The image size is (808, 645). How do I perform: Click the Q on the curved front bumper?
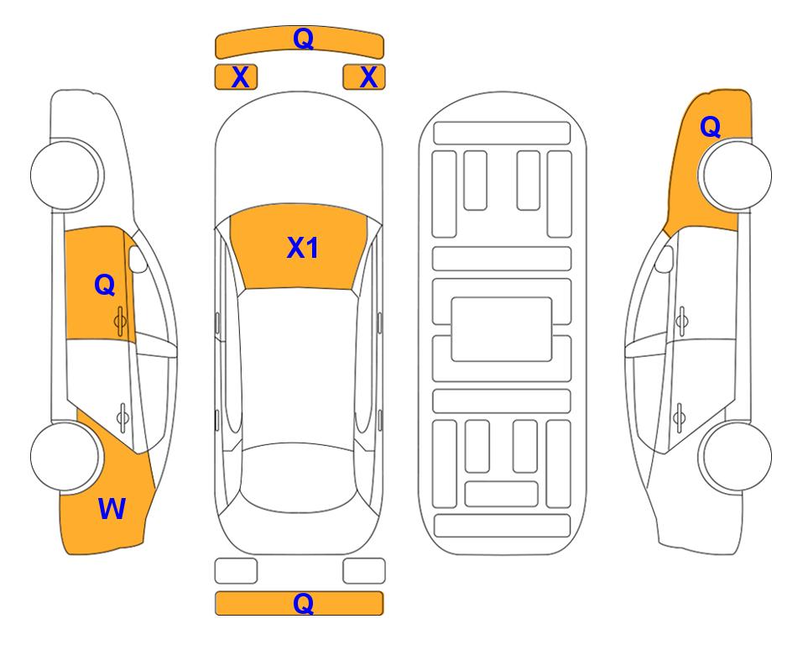coord(303,39)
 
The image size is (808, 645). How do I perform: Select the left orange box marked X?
coord(236,77)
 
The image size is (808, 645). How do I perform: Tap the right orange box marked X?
coord(364,77)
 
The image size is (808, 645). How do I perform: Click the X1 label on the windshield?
coord(303,247)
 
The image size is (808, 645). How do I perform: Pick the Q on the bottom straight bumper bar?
coord(303,603)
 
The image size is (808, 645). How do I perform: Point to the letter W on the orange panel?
coord(112,509)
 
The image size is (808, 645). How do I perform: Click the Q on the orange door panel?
coord(105,285)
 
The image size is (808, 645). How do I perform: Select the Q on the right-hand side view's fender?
coord(710,127)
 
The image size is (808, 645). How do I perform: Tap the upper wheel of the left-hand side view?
coord(66,175)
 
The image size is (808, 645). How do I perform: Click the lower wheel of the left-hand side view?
coord(66,456)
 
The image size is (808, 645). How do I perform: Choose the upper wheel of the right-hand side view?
coord(736,175)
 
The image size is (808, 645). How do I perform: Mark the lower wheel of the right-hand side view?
coord(736,456)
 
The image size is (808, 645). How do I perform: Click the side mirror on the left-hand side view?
coord(138,259)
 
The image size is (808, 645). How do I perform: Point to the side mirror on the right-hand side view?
coord(665,259)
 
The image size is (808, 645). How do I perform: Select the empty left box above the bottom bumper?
coord(236,571)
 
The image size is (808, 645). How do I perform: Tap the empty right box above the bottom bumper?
coord(364,571)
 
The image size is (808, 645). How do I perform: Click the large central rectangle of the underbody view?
coord(502,329)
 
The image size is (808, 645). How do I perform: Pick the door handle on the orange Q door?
coord(120,321)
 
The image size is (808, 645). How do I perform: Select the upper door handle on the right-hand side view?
coord(681,321)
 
